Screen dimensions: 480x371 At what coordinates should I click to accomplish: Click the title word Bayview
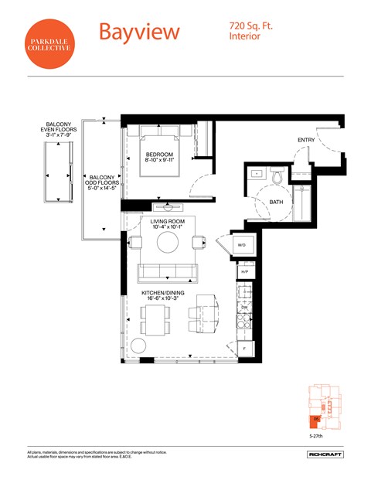(x=139, y=32)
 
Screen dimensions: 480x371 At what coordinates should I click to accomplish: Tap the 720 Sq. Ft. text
(x=251, y=26)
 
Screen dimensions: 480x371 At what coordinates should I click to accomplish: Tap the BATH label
(x=276, y=203)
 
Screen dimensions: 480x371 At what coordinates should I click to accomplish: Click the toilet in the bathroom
(x=280, y=176)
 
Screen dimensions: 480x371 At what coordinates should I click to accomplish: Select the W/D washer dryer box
(x=241, y=246)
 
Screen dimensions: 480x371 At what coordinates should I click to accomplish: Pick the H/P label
(x=244, y=272)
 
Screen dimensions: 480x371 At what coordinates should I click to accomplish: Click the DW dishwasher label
(x=244, y=307)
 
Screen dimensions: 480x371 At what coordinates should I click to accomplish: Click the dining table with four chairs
(x=155, y=318)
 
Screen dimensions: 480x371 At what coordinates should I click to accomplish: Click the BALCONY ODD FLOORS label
(x=103, y=182)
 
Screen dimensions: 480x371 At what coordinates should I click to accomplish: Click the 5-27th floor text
(x=315, y=435)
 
